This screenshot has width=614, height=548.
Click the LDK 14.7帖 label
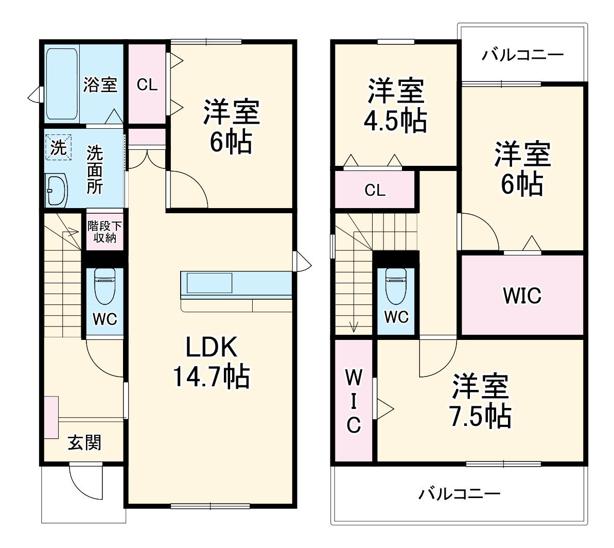click(x=210, y=363)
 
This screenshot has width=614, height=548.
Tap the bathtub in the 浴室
click(x=62, y=84)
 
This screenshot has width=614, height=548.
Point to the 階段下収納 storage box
click(x=105, y=231)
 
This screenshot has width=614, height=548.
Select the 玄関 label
click(x=85, y=442)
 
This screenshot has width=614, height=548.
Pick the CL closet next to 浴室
click(x=147, y=85)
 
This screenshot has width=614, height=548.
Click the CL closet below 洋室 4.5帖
click(x=375, y=190)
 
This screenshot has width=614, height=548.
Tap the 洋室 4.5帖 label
click(x=395, y=106)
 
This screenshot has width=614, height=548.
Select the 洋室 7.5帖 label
click(x=481, y=401)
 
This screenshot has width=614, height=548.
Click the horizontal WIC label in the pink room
click(x=522, y=296)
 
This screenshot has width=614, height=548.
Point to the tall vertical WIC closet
click(x=353, y=401)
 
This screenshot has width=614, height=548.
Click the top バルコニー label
click(x=523, y=55)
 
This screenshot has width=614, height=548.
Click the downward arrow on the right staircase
click(x=354, y=326)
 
